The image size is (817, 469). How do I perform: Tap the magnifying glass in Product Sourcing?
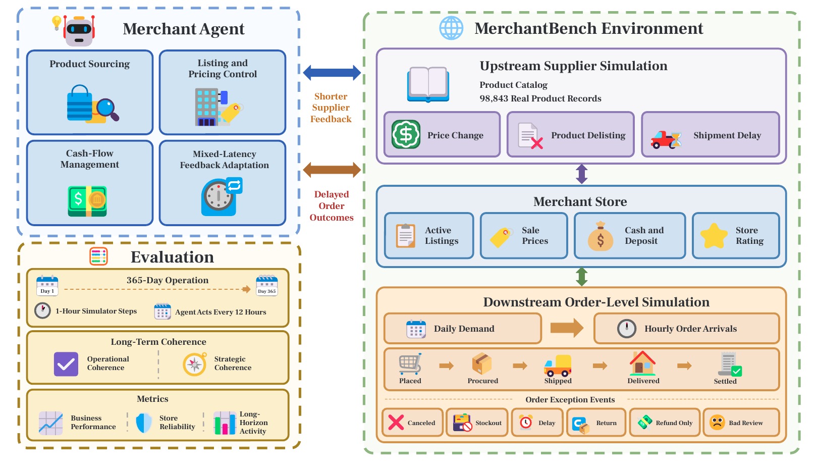pos(108,109)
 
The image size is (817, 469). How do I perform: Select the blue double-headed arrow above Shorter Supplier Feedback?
pos(332,73)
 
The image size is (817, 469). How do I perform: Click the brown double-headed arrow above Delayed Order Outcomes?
pos(332,170)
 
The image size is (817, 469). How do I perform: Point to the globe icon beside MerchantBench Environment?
pos(451,28)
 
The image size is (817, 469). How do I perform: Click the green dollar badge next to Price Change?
pos(406,134)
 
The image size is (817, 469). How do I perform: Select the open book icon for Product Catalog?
pos(428,84)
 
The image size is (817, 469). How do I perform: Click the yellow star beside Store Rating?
pos(714,236)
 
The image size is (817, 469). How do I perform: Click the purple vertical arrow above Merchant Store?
pos(581,174)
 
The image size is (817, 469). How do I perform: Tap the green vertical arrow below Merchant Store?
pos(581,277)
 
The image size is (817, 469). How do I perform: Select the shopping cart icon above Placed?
pos(410,363)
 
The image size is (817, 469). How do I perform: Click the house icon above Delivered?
pos(642,363)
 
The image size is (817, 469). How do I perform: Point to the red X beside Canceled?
pos(396,423)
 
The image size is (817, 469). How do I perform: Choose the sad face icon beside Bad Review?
pos(717,423)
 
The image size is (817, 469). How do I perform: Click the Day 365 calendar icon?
pos(266,285)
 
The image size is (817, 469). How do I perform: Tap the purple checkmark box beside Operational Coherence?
pos(66,364)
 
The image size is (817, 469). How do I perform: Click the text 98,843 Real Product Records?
pos(540,98)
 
